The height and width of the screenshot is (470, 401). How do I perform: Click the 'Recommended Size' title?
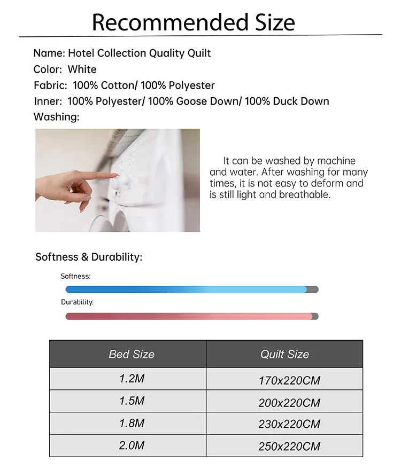tap(193, 22)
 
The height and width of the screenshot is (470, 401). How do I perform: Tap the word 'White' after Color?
tap(82, 69)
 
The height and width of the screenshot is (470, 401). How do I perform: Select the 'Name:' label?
tap(49, 53)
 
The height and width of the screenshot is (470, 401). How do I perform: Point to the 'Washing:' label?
tap(56, 117)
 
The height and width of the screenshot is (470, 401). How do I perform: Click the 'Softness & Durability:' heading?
tap(89, 257)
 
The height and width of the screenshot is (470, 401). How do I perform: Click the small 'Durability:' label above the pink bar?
tap(77, 302)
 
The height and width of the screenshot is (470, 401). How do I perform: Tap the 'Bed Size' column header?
tap(132, 354)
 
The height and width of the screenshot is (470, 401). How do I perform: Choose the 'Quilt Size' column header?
tap(284, 354)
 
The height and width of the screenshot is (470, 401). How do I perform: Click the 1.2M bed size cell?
tap(132, 379)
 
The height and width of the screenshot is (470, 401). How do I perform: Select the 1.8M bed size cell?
tap(132, 423)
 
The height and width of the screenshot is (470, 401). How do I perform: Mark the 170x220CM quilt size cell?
tap(289, 381)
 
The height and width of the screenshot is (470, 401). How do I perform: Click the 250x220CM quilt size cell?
tap(289, 446)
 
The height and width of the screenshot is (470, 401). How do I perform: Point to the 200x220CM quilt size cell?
tap(289, 403)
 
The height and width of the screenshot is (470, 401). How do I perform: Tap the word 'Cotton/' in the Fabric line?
tap(119, 85)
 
